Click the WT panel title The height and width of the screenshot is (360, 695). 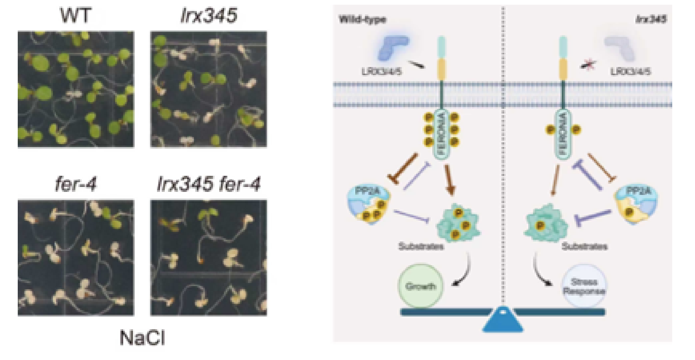coord(76,16)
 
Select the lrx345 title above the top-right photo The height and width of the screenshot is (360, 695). coord(209,16)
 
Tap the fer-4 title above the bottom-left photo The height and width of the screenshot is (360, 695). coord(76,184)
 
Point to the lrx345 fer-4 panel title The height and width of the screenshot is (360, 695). coord(209,184)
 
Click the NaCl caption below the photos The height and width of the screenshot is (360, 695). coord(142,338)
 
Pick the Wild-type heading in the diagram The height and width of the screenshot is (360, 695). coord(363,19)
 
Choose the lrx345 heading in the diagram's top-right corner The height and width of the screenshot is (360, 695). coord(651,19)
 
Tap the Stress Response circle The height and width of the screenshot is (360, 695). coord(584,286)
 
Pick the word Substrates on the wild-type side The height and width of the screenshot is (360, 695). coord(421,247)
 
